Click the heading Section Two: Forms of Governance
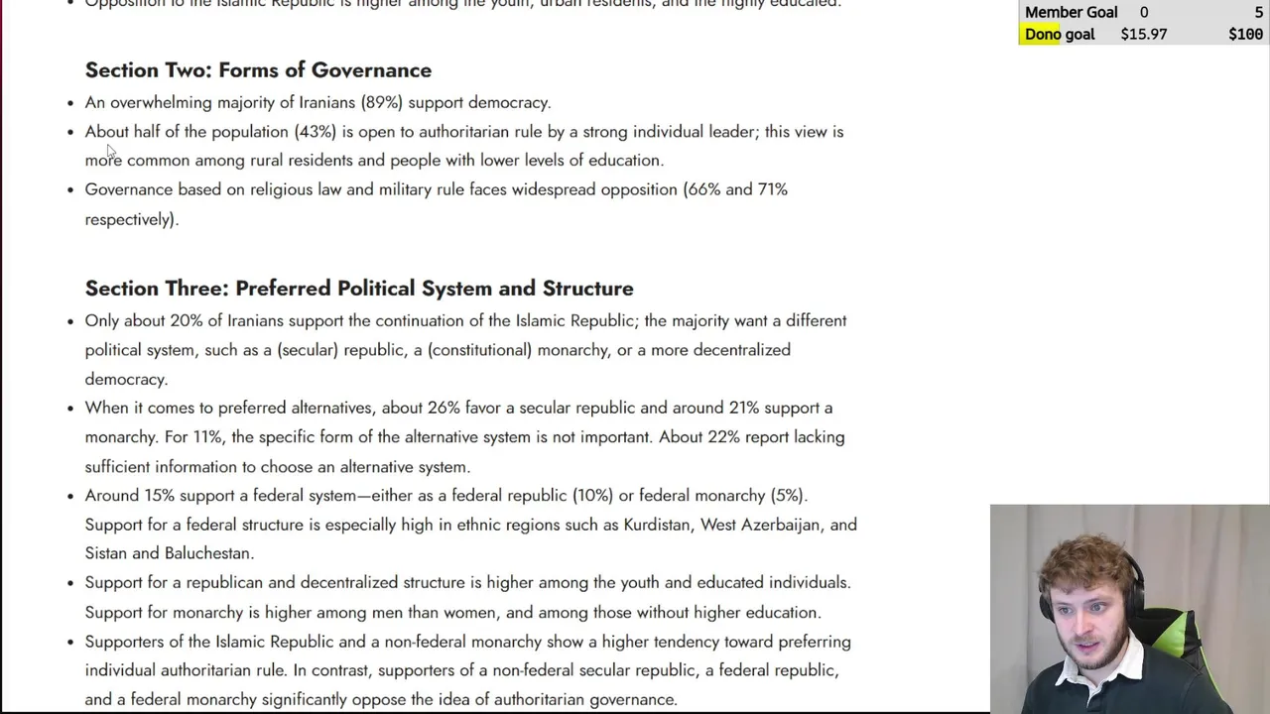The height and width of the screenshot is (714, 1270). pyautogui.click(x=258, y=70)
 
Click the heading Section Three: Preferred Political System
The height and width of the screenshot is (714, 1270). pyautogui.click(x=358, y=289)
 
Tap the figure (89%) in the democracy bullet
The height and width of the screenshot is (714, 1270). pyautogui.click(x=382, y=102)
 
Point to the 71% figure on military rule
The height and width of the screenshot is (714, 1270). pyautogui.click(x=772, y=189)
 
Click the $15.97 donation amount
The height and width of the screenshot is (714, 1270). pyautogui.click(x=1143, y=34)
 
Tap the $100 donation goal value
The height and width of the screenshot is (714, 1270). pyautogui.click(x=1245, y=34)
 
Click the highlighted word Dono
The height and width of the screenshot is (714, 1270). pyautogui.click(x=1043, y=34)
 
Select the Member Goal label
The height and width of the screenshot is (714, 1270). pyautogui.click(x=1071, y=12)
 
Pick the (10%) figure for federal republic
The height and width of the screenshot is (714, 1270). pyautogui.click(x=592, y=496)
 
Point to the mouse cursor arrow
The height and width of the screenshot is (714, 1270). pyautogui.click(x=110, y=151)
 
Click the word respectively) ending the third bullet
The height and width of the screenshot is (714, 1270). pyautogui.click(x=131, y=219)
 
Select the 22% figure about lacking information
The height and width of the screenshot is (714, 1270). pyautogui.click(x=723, y=437)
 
